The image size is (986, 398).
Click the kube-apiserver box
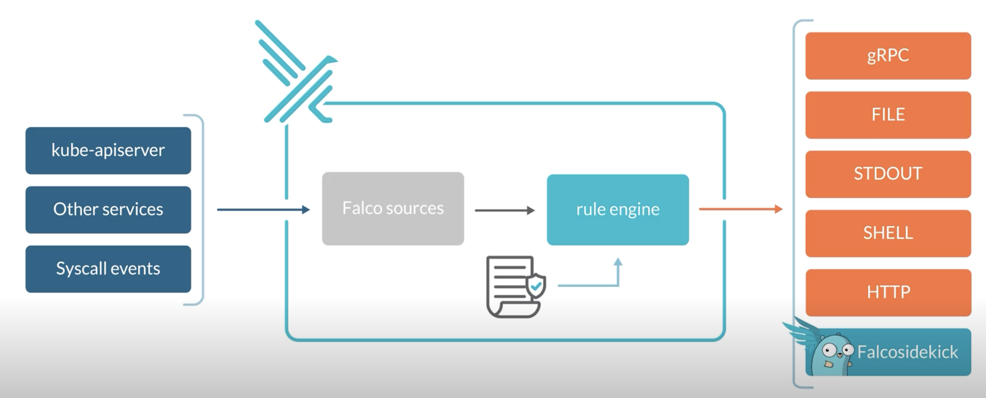[108, 150]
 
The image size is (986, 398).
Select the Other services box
[108, 210]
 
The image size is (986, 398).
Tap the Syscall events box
[108, 269]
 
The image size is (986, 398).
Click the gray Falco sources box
[393, 208]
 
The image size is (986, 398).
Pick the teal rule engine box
[617, 209]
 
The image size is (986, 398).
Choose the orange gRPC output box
[888, 55]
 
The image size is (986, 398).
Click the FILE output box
[888, 115]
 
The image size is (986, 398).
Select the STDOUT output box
[888, 174]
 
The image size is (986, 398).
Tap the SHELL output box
[888, 233]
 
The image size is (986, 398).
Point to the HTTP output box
[888, 292]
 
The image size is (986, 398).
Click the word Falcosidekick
[907, 352]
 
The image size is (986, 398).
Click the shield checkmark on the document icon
[536, 286]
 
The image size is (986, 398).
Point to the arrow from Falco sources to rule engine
[504, 210]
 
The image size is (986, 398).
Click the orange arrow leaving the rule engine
[740, 209]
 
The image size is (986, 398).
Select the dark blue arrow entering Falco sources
[263, 210]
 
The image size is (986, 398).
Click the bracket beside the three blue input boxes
[201, 210]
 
